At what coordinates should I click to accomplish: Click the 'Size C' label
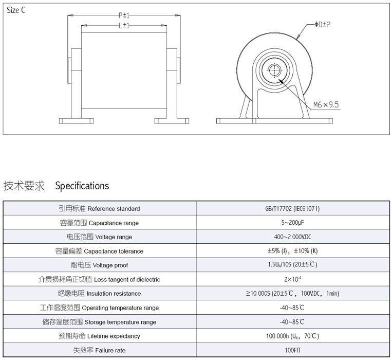point(16,11)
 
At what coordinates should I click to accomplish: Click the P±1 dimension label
point(124,16)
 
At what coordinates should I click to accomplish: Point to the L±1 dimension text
point(123,25)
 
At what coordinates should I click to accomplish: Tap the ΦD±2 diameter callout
point(322,25)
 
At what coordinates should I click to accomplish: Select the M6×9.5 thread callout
point(326,105)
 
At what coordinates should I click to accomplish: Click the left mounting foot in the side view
point(75,121)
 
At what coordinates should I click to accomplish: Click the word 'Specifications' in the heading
point(82,186)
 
